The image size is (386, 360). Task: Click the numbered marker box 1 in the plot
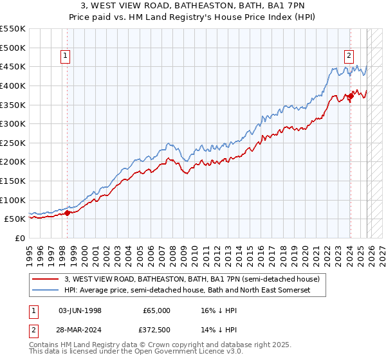pos(66,56)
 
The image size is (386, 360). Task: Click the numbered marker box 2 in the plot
pos(349,56)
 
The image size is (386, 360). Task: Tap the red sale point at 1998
pos(67,213)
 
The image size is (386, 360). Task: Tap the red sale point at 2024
pos(350,96)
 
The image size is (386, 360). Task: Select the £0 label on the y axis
pos(19,238)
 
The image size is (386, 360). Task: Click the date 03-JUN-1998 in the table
pos(80,310)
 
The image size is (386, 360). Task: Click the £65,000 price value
pos(156,310)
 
